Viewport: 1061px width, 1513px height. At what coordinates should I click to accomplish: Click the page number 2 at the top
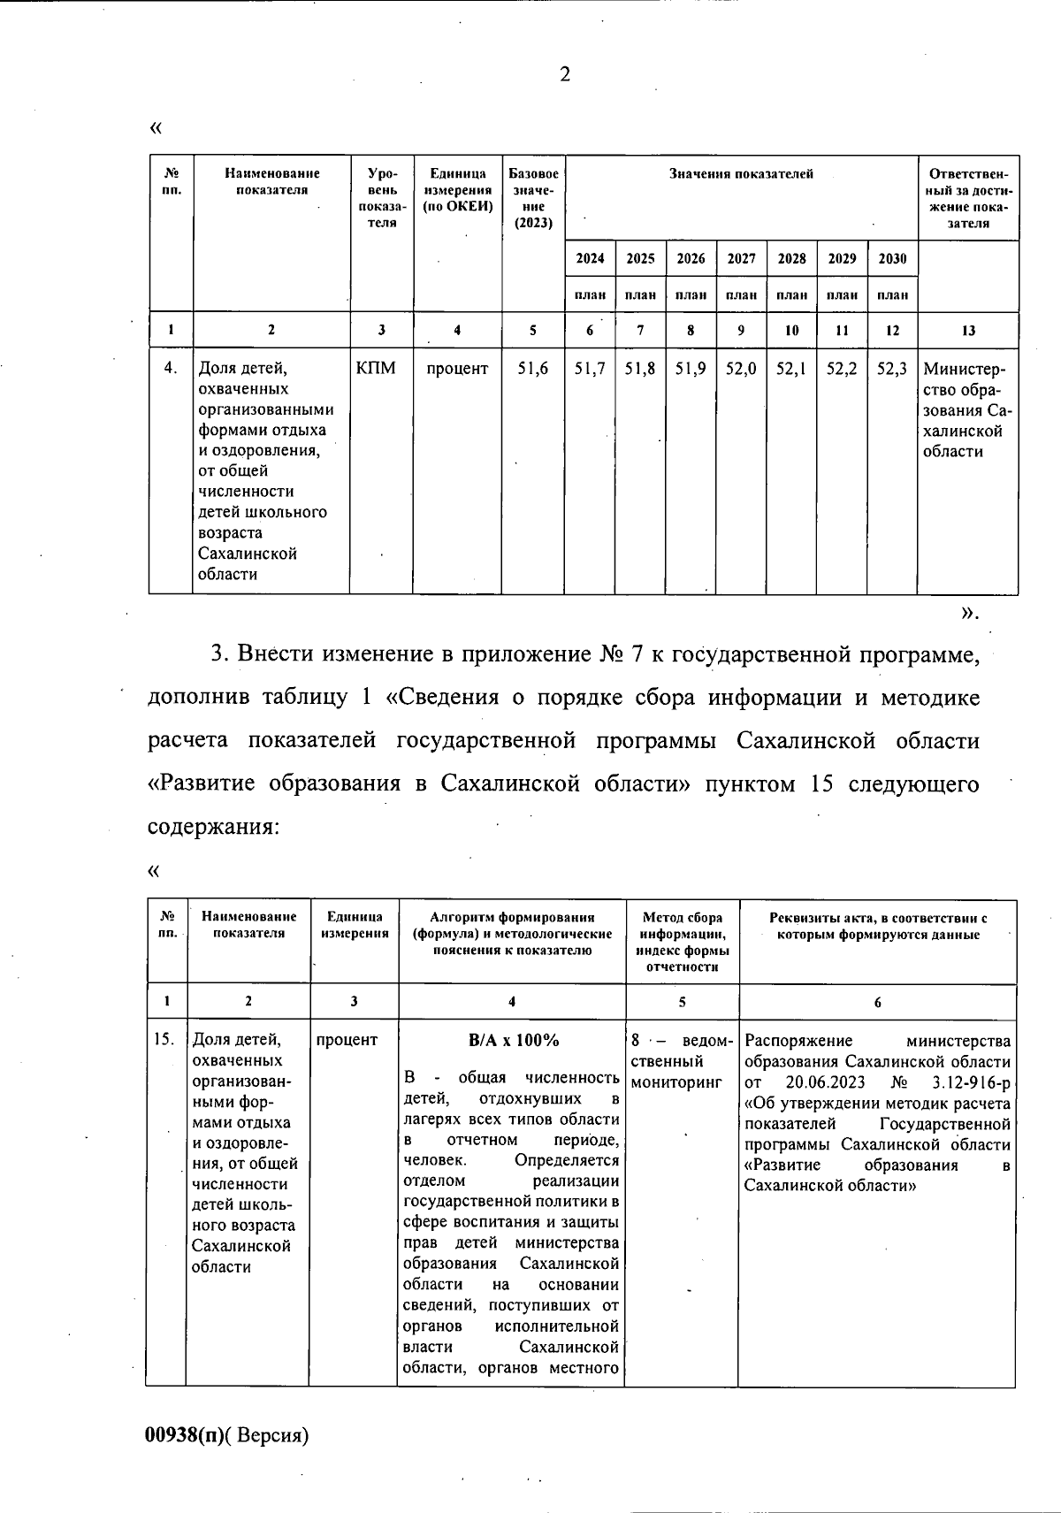click(x=565, y=74)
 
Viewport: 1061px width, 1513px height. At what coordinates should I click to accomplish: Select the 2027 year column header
click(x=741, y=258)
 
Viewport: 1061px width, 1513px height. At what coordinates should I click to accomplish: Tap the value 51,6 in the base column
click(x=533, y=369)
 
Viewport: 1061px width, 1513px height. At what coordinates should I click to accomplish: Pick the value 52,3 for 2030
click(x=892, y=369)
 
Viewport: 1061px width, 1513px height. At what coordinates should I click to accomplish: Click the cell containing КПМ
click(x=375, y=369)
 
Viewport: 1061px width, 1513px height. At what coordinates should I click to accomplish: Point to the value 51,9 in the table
click(x=691, y=369)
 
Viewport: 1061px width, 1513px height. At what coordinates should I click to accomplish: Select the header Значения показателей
click(x=741, y=174)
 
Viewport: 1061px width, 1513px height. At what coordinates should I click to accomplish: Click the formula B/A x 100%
click(x=514, y=1040)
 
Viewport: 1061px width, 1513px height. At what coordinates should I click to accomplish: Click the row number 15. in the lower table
click(x=165, y=1040)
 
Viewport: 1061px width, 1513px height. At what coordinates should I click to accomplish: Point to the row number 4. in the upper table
click(x=171, y=369)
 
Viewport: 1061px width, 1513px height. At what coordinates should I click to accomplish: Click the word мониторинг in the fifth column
click(x=676, y=1081)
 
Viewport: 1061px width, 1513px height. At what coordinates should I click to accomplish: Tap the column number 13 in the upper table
click(x=968, y=330)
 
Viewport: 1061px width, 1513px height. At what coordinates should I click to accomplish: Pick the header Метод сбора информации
click(x=683, y=926)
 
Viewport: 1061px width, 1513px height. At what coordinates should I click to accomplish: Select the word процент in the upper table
click(x=457, y=369)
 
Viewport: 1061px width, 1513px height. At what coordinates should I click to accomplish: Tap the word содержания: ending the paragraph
click(x=213, y=827)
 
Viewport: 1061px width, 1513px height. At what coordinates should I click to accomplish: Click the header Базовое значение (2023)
click(x=533, y=197)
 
